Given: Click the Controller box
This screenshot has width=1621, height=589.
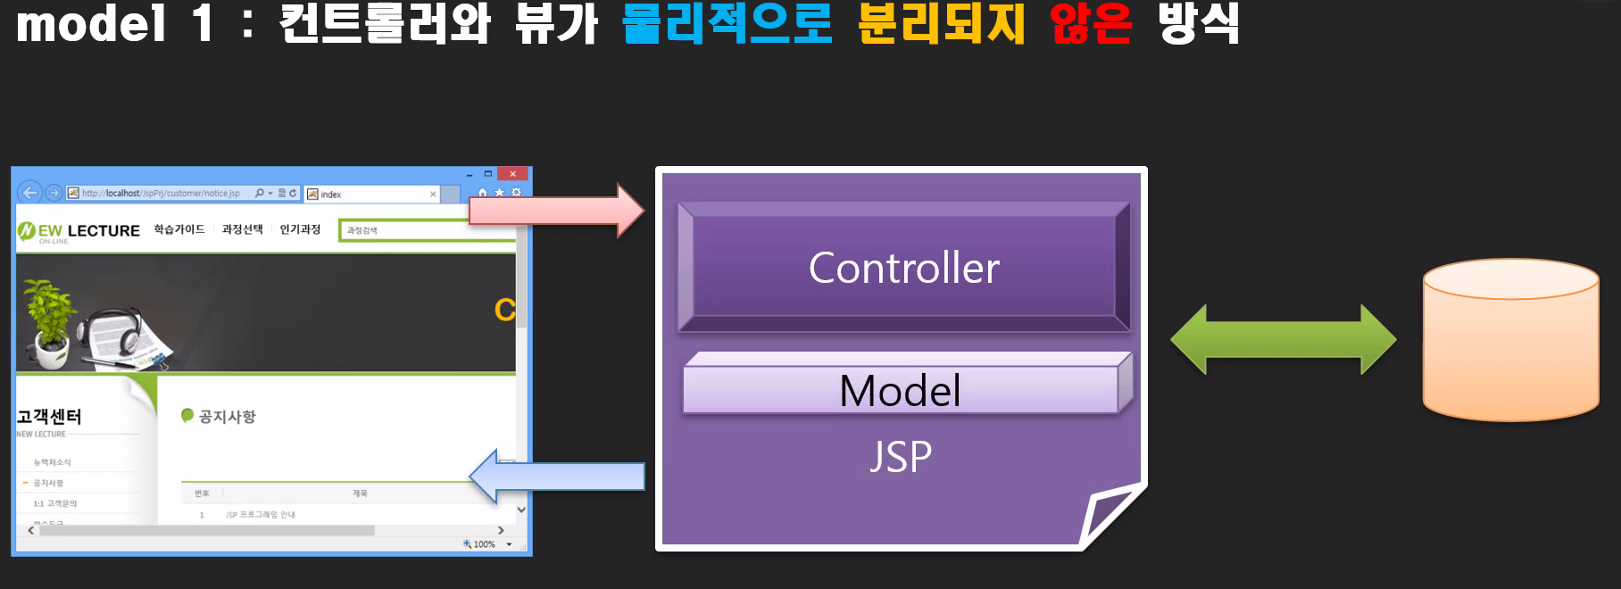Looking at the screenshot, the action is pos(903,268).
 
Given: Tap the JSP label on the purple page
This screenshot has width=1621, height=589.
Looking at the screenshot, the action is pos(901,457).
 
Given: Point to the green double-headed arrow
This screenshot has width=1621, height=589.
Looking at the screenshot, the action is pos(1283,340).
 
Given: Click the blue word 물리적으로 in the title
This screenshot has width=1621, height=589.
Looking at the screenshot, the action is pos(727,23).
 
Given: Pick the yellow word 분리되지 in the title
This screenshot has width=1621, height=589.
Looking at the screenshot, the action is pos(941,23).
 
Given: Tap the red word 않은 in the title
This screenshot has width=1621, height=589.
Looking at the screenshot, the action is pos(1091,23).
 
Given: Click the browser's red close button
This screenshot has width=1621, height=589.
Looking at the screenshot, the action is pos(512,174).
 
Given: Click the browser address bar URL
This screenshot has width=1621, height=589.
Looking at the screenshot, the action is pos(161,193).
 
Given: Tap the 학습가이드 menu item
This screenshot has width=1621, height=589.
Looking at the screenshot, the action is pos(179,229).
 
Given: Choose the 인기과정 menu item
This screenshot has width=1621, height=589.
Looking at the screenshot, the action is pos(300,229).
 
